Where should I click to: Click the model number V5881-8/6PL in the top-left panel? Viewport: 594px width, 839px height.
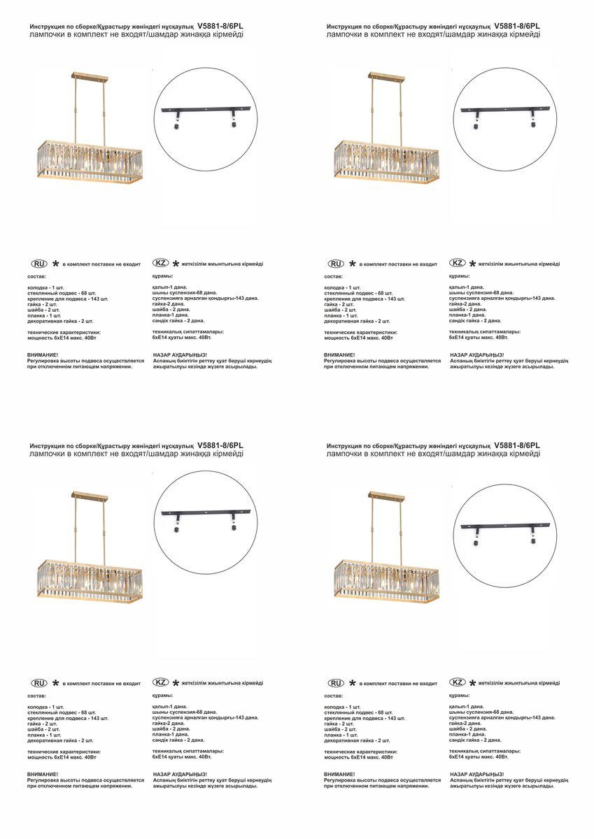pos(220,25)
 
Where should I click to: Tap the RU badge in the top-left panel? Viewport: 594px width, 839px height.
pos(39,264)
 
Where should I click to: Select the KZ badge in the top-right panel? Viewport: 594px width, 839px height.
pos(458,263)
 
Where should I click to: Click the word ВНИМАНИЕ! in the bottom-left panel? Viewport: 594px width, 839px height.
pos(43,774)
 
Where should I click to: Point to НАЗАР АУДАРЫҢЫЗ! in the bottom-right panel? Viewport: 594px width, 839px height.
pos(477,774)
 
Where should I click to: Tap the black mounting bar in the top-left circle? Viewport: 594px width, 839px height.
pos(206,109)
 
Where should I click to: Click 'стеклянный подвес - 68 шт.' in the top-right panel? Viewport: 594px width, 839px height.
pos(359,293)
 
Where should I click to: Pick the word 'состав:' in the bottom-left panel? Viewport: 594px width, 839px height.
pos(37,696)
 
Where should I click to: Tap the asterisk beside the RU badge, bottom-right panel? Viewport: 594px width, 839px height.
pos(352,683)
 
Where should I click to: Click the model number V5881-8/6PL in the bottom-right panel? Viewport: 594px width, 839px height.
pos(517,445)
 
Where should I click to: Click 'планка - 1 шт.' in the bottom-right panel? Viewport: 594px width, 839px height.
pos(341,735)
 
